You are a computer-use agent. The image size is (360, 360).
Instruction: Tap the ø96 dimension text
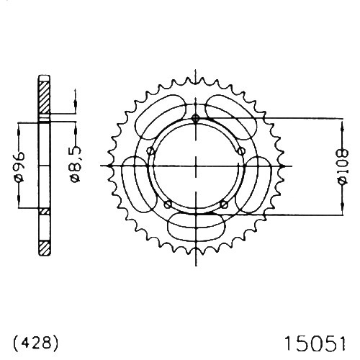(19, 166)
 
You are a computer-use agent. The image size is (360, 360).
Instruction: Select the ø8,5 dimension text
(76, 165)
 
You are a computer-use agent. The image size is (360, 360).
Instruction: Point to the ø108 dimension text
(343, 166)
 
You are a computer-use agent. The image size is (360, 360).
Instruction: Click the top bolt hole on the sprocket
(196, 118)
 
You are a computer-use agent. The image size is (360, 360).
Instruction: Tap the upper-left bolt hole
(150, 151)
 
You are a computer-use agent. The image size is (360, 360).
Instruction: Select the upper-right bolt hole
(241, 151)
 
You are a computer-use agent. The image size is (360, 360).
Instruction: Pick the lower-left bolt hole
(168, 204)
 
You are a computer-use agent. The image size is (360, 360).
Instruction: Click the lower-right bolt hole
(224, 204)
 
